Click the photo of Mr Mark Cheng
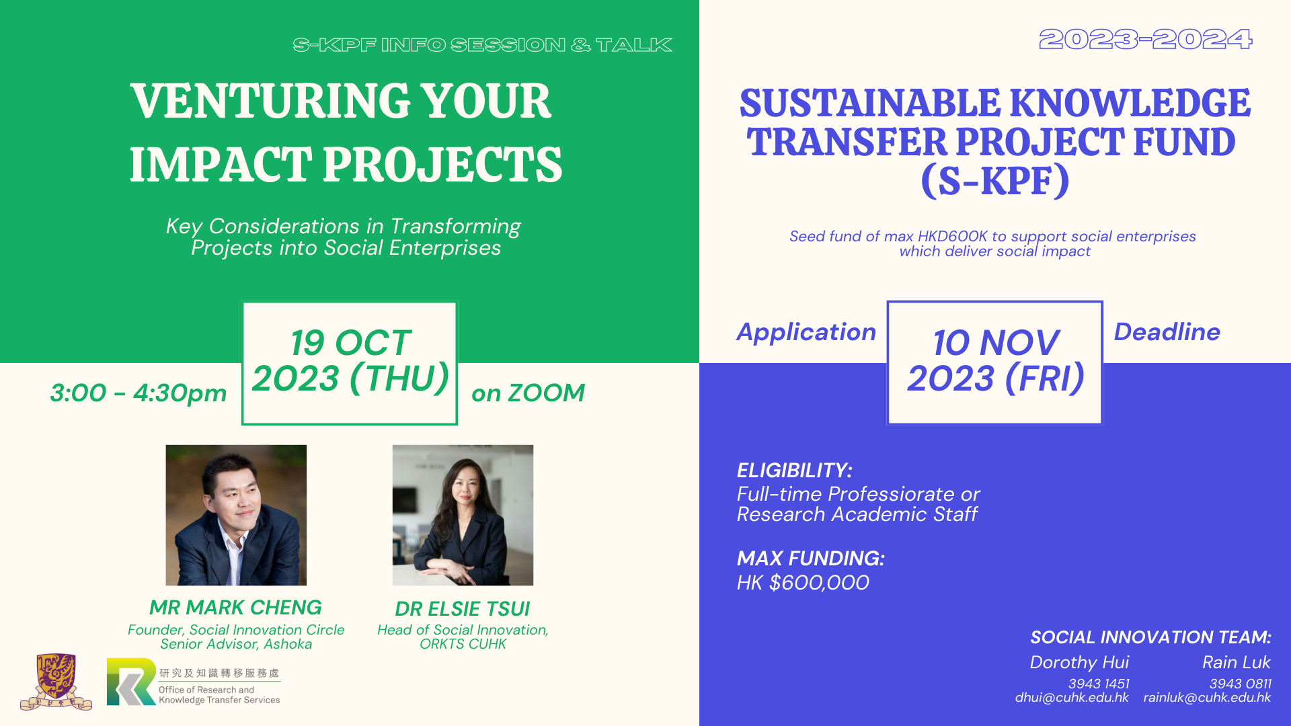(x=236, y=515)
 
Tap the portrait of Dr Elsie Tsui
(x=463, y=515)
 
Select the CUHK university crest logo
(x=56, y=682)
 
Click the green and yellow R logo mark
(x=131, y=682)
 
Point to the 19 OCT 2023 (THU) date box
(x=350, y=363)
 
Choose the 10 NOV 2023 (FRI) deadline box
(x=995, y=363)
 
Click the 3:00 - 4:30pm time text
(x=139, y=393)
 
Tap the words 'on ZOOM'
(x=528, y=393)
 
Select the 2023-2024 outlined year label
(x=1146, y=40)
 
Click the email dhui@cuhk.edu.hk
(x=1072, y=698)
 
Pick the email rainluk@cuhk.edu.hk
(x=1207, y=698)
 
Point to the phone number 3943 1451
(x=1099, y=684)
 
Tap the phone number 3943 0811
(x=1240, y=684)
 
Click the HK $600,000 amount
(x=803, y=583)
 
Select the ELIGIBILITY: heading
(x=795, y=471)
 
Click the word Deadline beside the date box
(x=1167, y=332)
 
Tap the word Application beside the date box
(x=806, y=333)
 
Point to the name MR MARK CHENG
(x=235, y=608)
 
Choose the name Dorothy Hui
(x=1079, y=663)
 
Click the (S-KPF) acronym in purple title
(x=995, y=182)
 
